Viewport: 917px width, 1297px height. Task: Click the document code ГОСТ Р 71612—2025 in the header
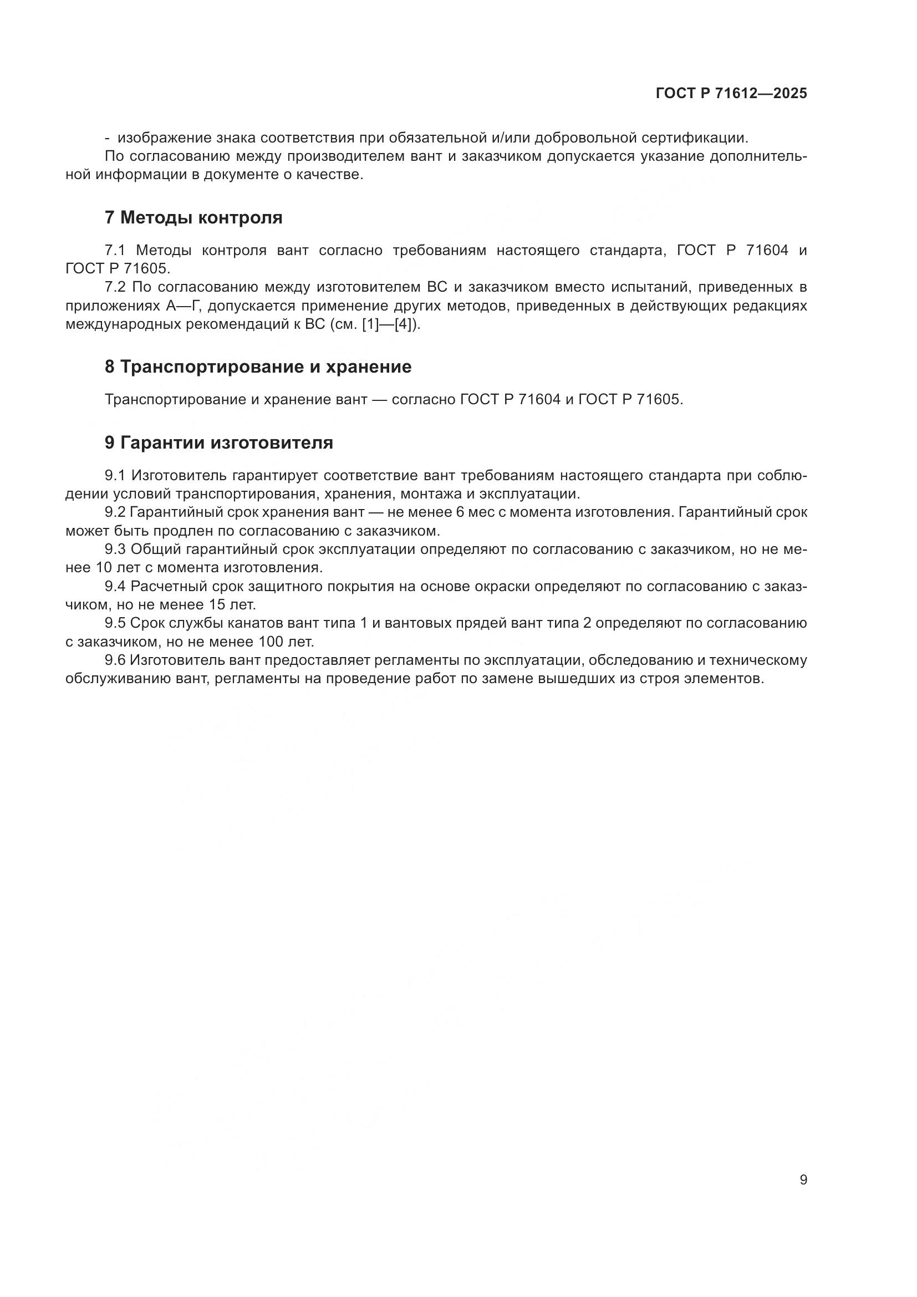tap(731, 94)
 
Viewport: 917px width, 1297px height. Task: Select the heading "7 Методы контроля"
tap(193, 217)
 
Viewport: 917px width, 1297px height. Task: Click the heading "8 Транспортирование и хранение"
tap(258, 367)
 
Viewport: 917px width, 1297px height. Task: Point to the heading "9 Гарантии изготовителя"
tap(218, 443)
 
